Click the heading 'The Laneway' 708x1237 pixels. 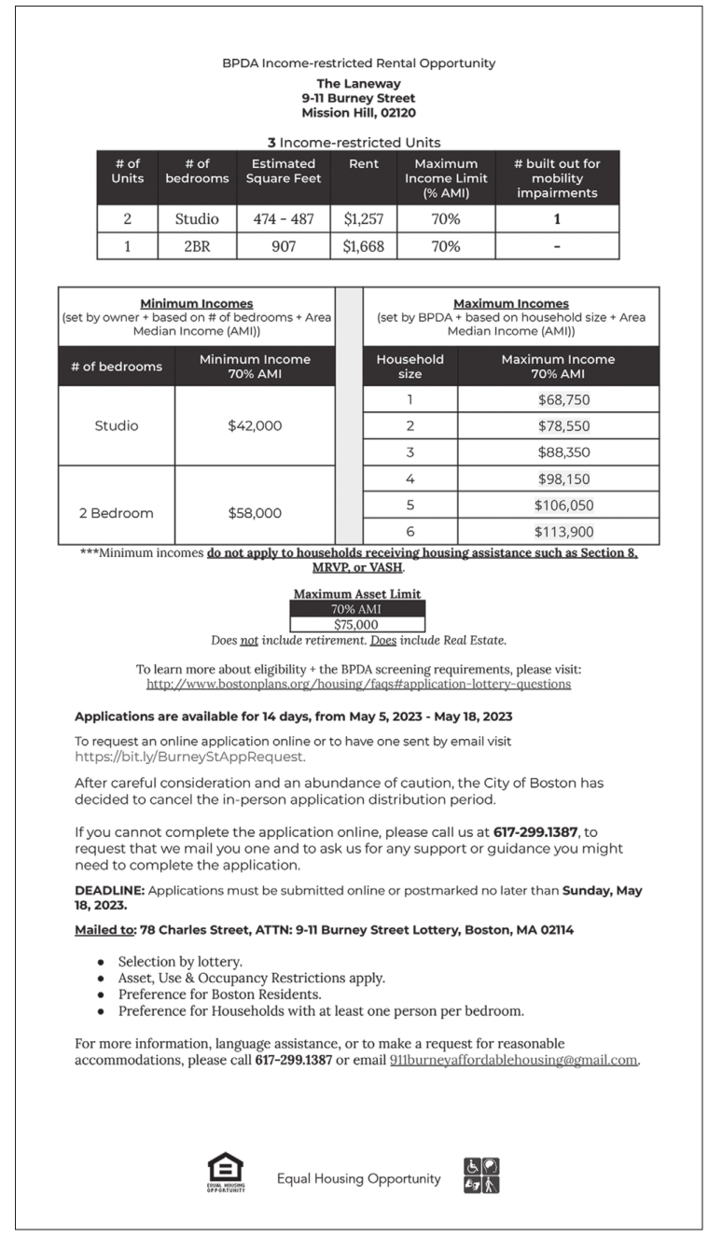coord(358,84)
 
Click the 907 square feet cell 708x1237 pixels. coord(284,246)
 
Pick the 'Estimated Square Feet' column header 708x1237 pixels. coord(284,172)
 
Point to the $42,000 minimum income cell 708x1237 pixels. coord(254,425)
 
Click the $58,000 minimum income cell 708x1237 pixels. coord(254,512)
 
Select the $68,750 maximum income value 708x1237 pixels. coord(563,399)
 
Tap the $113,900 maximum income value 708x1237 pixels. coord(563,531)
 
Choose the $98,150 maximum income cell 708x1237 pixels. coord(563,479)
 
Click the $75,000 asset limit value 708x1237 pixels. coord(357,624)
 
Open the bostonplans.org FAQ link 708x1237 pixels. coord(358,684)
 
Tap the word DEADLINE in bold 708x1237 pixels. coord(109,891)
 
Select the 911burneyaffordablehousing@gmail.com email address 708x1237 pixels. coord(513,1060)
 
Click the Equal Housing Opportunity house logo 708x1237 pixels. coord(226,1173)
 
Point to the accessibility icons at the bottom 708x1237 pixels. coord(481,1174)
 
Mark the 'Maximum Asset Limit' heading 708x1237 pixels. coord(357,594)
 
